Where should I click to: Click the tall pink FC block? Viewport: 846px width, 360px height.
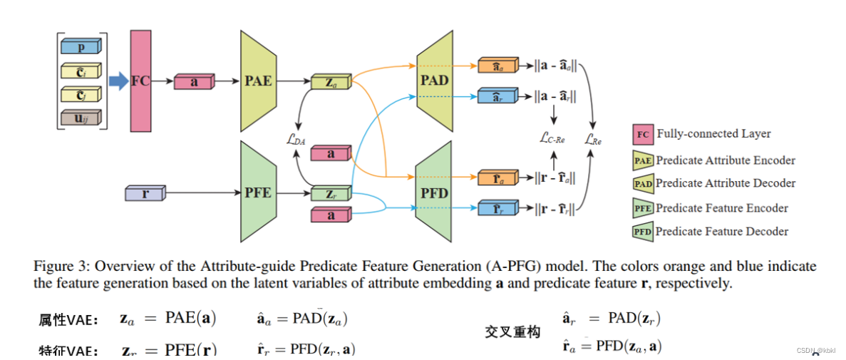point(140,81)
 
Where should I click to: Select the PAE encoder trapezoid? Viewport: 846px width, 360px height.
point(258,81)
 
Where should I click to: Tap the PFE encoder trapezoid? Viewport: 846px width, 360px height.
point(258,192)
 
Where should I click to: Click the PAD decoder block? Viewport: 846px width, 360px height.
point(434,80)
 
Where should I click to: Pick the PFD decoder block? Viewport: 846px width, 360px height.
point(434,192)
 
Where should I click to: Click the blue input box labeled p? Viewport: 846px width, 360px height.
point(81,47)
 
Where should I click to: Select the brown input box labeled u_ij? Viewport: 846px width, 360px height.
point(81,117)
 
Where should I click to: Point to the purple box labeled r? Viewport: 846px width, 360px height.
point(145,192)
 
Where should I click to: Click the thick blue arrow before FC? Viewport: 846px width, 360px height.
point(118,82)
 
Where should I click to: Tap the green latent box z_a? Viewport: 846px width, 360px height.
point(331,82)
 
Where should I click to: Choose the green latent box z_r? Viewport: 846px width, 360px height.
point(331,192)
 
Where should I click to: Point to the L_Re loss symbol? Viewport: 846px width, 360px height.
point(593,140)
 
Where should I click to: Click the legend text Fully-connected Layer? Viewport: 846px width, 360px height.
point(713,133)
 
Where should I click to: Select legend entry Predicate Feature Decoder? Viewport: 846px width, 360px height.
point(722,231)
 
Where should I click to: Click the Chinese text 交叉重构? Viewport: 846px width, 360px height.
point(512,332)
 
